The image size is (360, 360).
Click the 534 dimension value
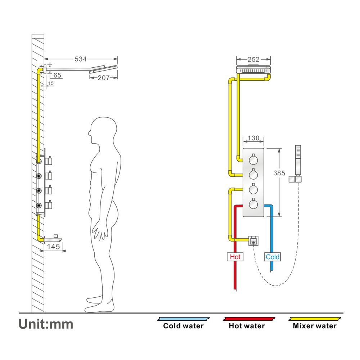click(80, 59)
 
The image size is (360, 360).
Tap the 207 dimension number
click(104, 77)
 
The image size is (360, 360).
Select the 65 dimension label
click(57, 75)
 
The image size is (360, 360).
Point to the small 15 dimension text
click(51, 84)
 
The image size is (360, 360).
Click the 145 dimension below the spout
click(53, 247)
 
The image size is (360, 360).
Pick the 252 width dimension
click(253, 59)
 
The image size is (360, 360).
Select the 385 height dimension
click(279, 173)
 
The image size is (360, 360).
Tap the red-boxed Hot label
click(235, 257)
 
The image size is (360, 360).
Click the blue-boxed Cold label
click(273, 257)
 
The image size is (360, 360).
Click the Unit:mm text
click(46, 324)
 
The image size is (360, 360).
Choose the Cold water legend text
click(183, 326)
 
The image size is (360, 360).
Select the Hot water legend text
click(247, 326)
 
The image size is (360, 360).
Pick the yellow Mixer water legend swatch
click(315, 319)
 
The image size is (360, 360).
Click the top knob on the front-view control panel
click(254, 159)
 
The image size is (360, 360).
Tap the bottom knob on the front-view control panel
click(254, 204)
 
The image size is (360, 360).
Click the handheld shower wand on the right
click(297, 158)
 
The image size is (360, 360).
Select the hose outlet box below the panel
click(254, 240)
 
